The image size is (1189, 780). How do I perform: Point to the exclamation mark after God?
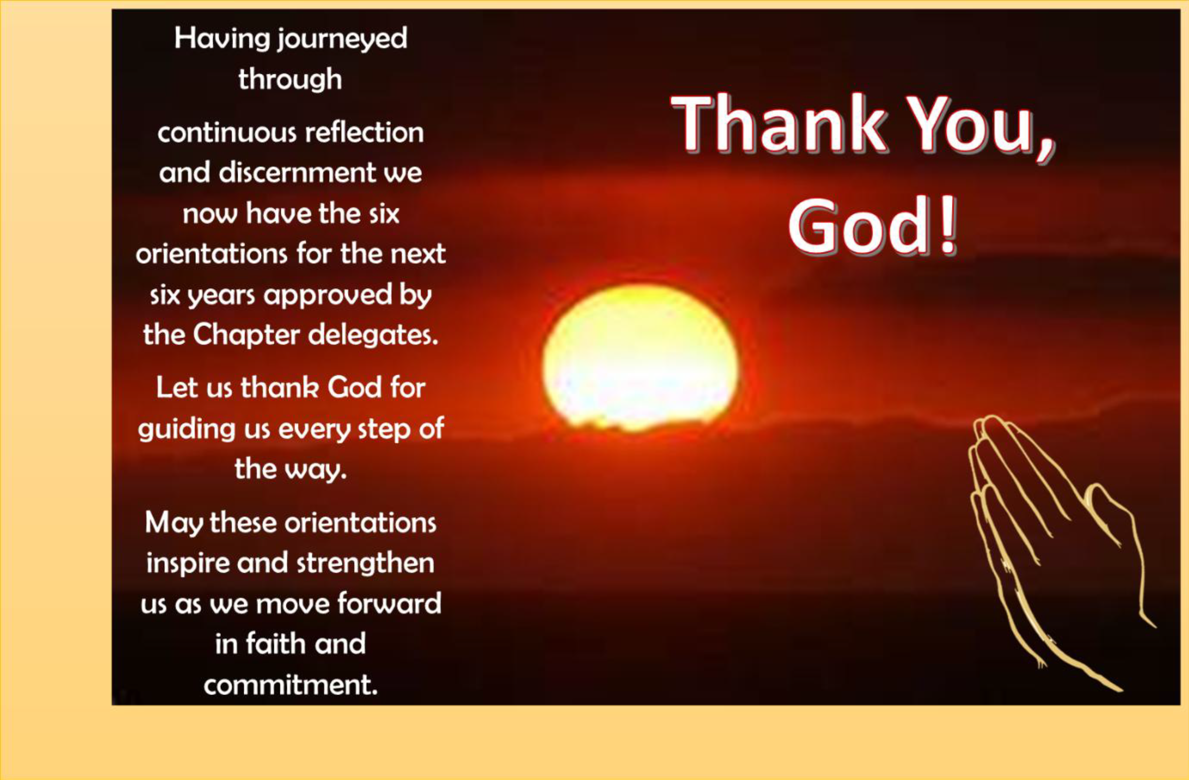[x=948, y=226]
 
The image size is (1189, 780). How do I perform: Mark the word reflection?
[x=364, y=132]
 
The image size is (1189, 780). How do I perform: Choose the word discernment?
[x=298, y=173]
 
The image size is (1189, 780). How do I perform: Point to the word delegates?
[x=373, y=336]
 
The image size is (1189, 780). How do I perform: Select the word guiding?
[x=187, y=429]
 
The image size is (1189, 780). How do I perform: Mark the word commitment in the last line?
[x=291, y=684]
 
